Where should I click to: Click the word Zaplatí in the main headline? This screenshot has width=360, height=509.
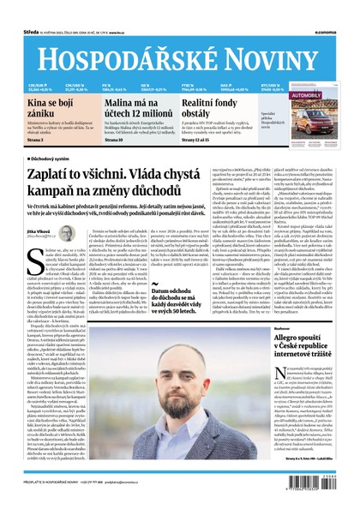(x=52, y=175)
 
